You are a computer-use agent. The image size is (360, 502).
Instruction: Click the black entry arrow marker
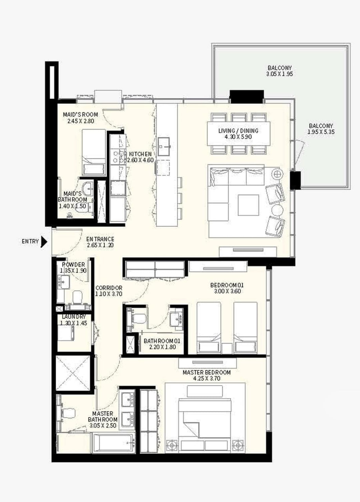44,242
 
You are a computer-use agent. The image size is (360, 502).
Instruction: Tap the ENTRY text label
30,242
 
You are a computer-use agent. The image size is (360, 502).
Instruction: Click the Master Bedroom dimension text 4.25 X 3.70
206,379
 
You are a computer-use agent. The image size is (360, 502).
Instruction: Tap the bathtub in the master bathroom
113,442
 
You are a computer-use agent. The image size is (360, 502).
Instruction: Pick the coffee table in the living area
248,205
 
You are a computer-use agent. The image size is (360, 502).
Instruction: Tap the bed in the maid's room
93,152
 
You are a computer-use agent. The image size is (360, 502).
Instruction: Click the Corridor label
109,287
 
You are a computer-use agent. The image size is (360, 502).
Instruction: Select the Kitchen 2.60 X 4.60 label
140,157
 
